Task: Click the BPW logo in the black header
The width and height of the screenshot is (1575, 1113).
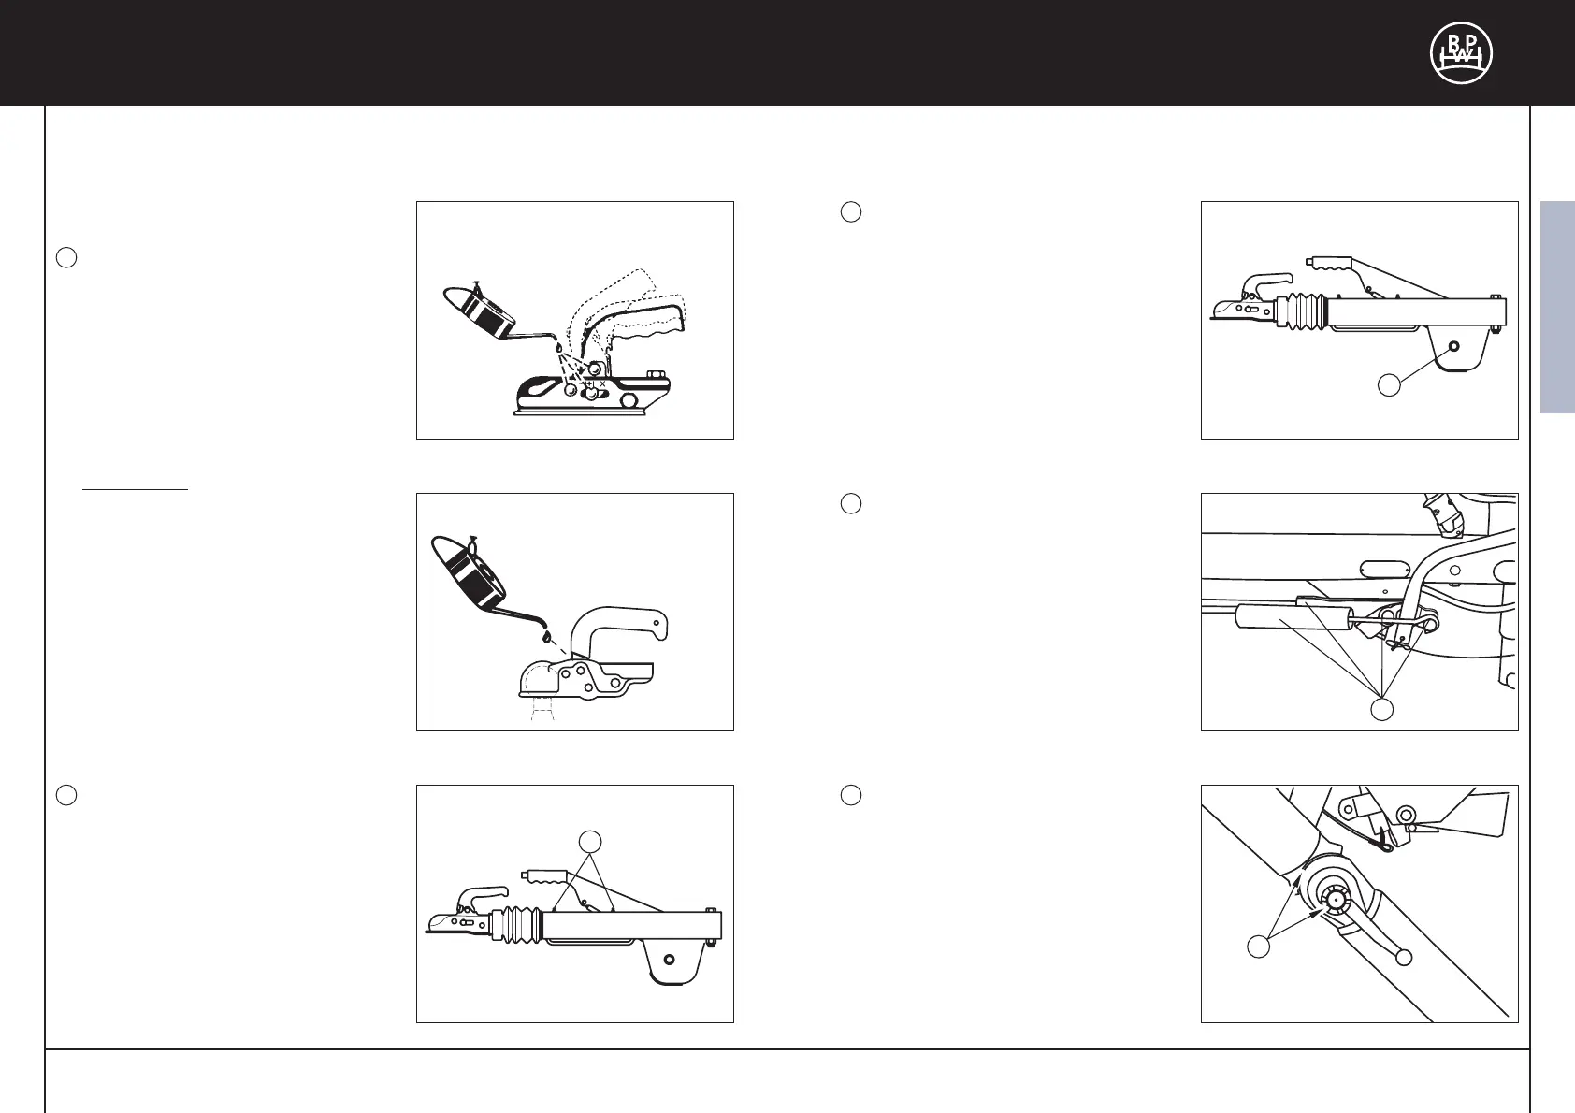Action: (1461, 52)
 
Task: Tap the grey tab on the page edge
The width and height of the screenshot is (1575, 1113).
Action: (1557, 308)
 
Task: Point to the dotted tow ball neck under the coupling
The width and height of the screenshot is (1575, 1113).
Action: (542, 709)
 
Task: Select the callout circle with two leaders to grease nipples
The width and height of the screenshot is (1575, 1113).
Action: (590, 842)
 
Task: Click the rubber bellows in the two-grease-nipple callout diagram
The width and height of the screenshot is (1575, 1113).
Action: (517, 925)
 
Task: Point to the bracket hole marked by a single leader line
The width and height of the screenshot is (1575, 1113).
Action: (1453, 346)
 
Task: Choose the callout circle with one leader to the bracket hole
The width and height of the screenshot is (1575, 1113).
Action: (1389, 385)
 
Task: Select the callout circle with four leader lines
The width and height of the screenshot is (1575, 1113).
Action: (1381, 710)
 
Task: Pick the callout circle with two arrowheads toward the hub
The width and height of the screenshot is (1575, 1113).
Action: (1258, 947)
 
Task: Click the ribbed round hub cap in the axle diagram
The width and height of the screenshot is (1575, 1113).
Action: (1334, 901)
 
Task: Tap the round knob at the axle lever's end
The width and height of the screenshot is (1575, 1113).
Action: (1404, 957)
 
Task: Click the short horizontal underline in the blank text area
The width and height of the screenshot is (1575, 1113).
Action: (135, 488)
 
